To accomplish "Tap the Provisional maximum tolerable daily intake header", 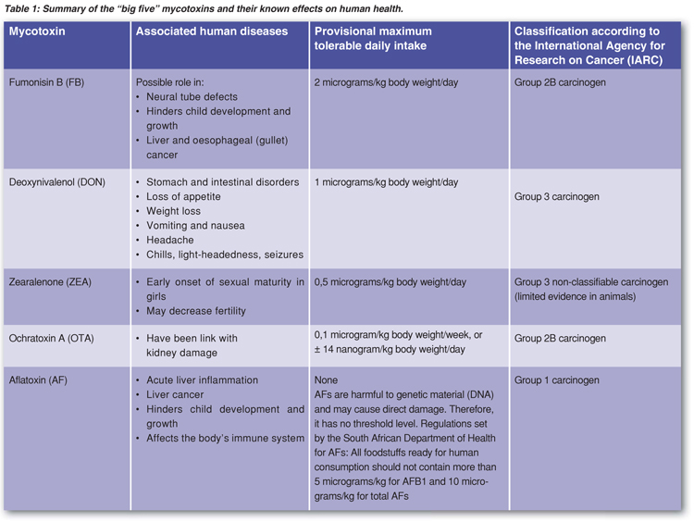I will click(x=374, y=40).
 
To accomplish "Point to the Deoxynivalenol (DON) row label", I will click(x=56, y=182).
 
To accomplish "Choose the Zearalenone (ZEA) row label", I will click(x=50, y=281).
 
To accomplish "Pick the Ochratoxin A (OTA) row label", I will click(x=52, y=338).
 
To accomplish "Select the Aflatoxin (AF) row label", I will click(x=40, y=380).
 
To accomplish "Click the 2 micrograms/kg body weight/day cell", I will click(x=386, y=82).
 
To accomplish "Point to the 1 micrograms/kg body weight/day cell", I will click(x=386, y=182).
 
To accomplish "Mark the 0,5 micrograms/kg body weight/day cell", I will click(x=390, y=281).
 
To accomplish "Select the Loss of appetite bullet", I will click(x=188, y=197).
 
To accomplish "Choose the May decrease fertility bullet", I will click(x=197, y=311).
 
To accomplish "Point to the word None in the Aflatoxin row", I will click(x=327, y=380).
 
